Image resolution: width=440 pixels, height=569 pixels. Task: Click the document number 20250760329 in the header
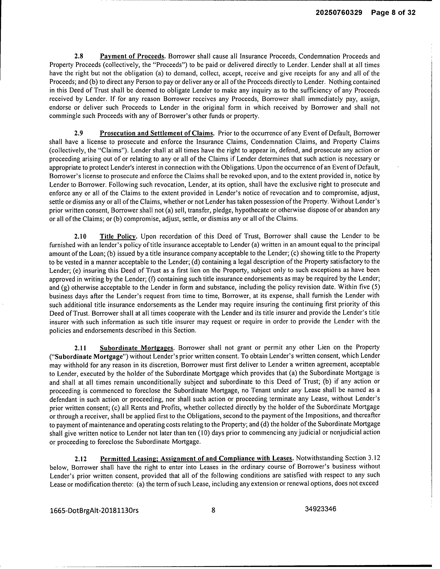pos(339,13)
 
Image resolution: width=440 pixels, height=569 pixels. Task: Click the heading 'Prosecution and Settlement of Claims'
pos(157,133)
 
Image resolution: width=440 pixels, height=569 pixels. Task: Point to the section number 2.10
pos(80,236)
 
